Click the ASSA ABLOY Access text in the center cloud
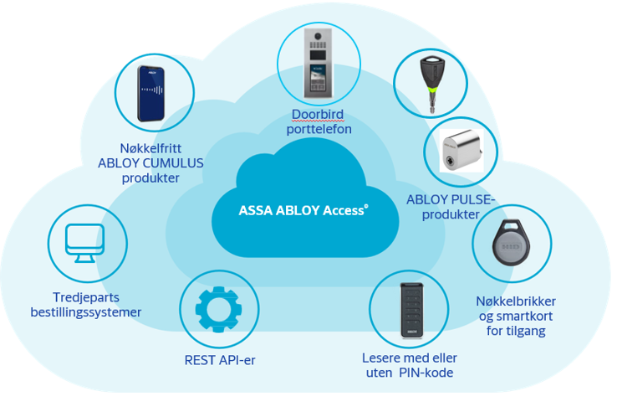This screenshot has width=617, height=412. click(303, 210)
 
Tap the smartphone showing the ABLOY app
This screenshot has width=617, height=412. click(151, 94)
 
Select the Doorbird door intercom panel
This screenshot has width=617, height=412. click(318, 63)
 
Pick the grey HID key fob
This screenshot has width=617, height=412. click(511, 242)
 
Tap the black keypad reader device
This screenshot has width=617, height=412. click(411, 311)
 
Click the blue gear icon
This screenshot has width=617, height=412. click(218, 309)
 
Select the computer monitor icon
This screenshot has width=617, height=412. click(85, 243)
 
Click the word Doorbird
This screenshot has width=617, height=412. click(318, 115)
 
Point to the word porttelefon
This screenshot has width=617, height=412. click(319, 129)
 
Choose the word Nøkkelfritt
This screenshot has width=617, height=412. click(150, 148)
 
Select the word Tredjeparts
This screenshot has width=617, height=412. click(86, 297)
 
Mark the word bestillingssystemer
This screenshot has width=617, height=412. click(86, 312)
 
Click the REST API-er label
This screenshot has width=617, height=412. click(220, 360)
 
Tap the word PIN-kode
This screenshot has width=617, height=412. click(426, 373)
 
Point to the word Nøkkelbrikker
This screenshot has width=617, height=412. click(516, 301)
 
